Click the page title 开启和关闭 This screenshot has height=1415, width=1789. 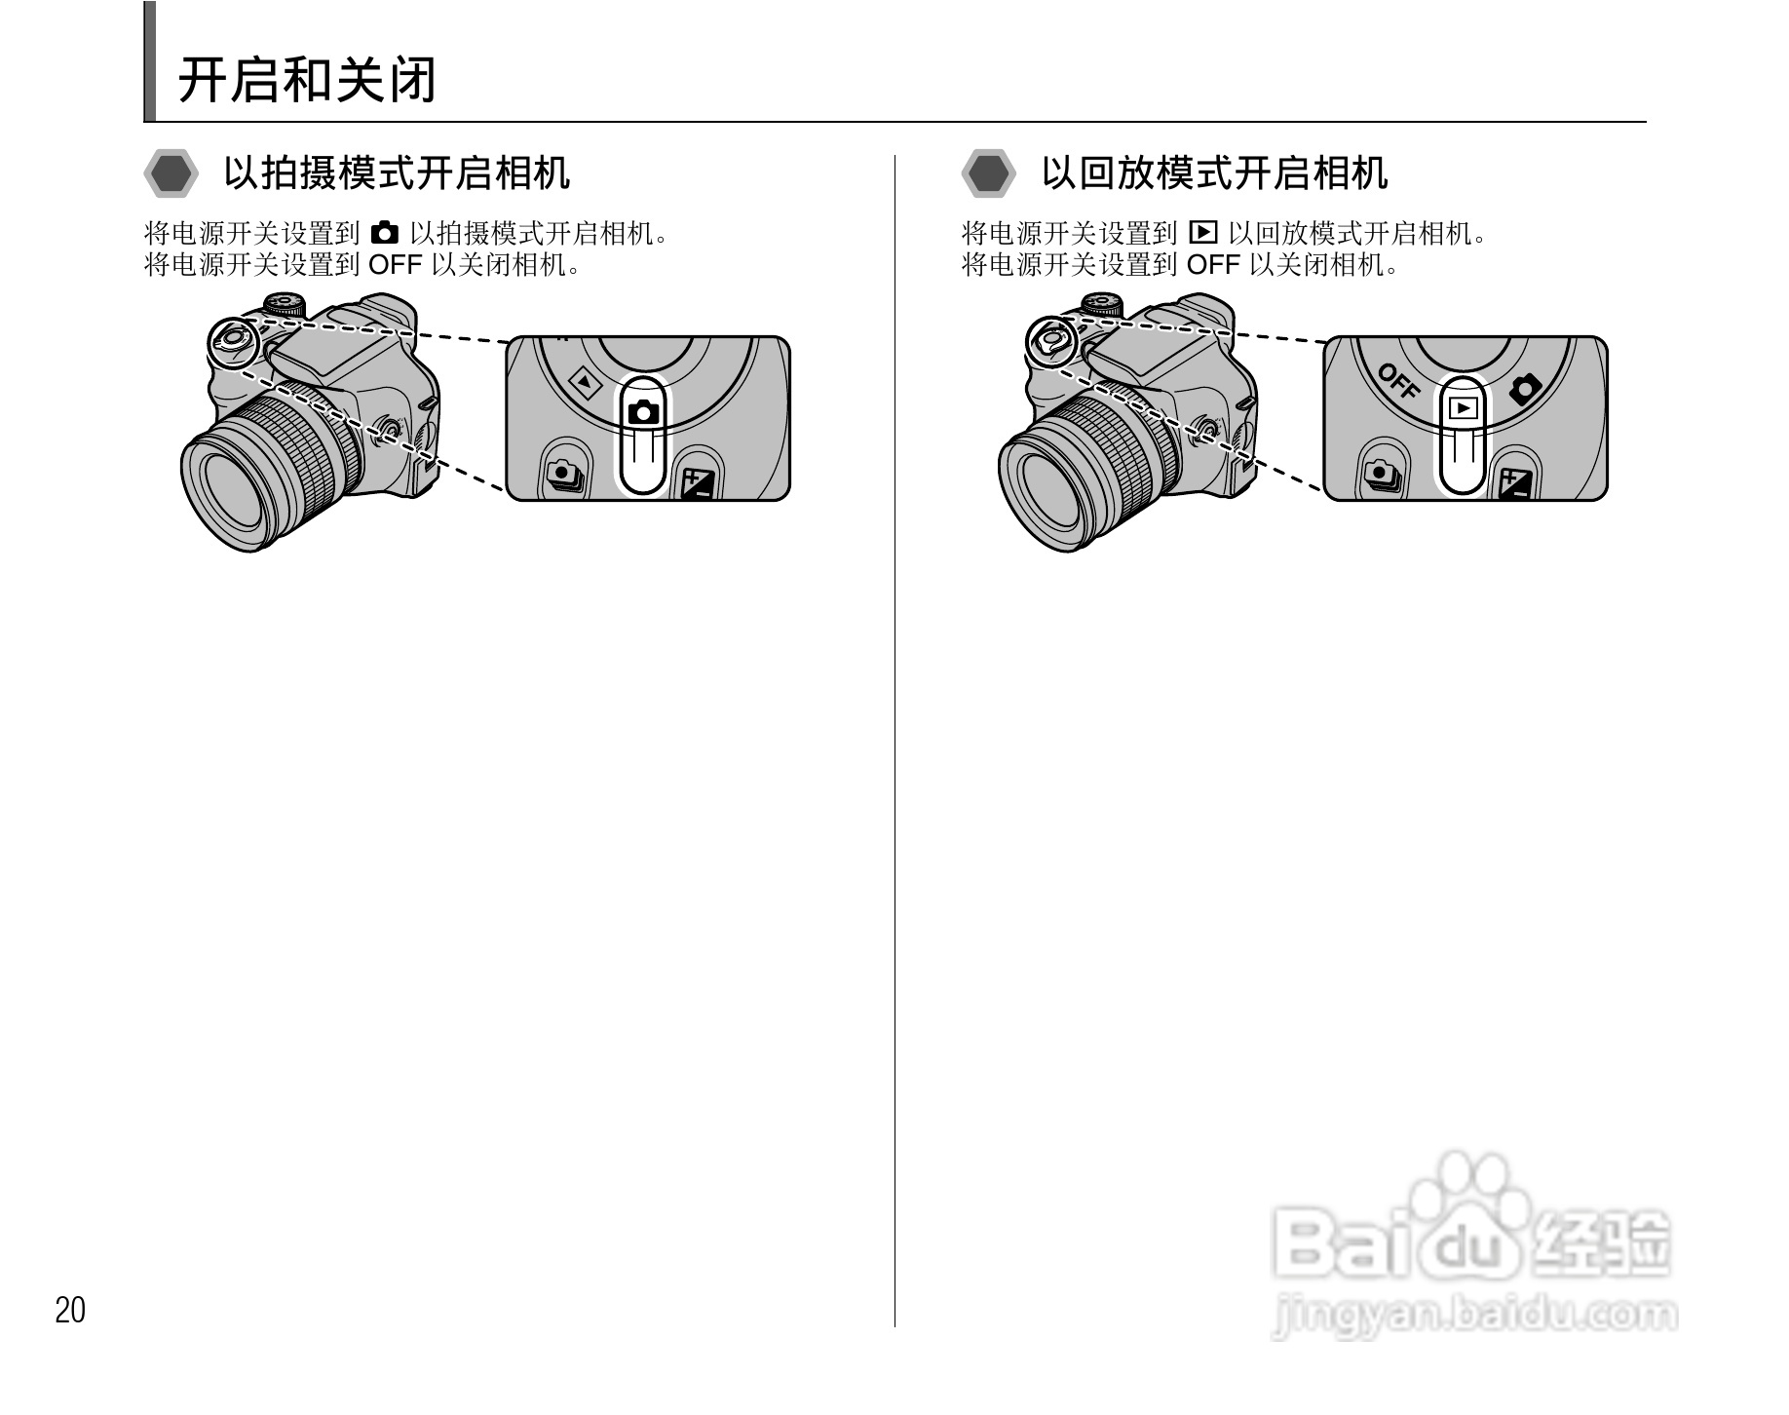(306, 80)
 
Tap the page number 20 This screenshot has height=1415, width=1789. (70, 1311)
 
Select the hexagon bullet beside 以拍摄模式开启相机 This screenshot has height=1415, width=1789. (171, 174)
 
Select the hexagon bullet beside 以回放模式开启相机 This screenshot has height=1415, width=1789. (989, 174)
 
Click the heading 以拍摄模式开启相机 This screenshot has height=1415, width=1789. (397, 173)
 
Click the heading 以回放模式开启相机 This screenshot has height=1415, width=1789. (1214, 173)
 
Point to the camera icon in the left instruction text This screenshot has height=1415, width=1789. (386, 233)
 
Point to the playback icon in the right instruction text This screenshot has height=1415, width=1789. (1203, 233)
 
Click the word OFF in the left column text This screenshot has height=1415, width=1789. (396, 264)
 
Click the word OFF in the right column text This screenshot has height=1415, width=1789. (1213, 264)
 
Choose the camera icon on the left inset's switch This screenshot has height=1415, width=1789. (644, 411)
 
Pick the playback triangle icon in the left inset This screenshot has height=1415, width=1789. (585, 382)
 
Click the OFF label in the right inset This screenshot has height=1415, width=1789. (1399, 381)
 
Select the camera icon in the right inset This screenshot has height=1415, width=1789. (1525, 389)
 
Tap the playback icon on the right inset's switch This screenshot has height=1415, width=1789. (1463, 408)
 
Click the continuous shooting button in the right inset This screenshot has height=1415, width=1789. (1380, 475)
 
